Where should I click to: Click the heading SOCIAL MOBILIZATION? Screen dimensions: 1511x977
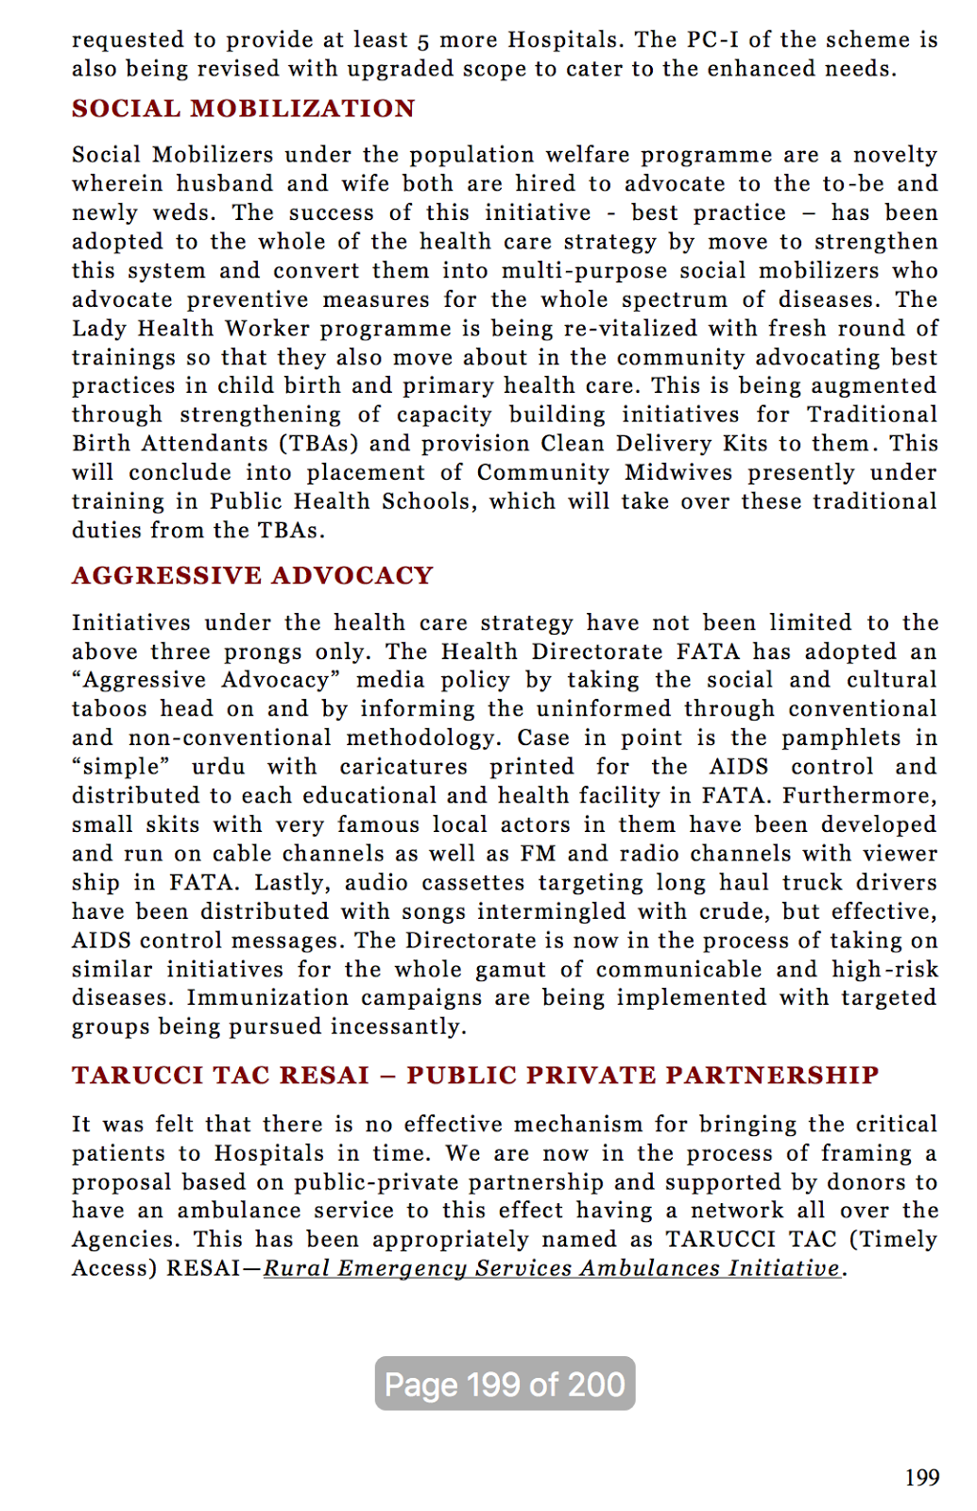pos(243,109)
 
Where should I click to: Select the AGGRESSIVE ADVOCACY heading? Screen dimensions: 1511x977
pos(252,576)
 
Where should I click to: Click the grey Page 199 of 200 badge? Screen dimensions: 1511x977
pos(505,1384)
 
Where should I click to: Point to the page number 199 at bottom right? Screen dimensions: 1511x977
pos(921,1478)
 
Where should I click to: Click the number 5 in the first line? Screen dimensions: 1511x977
pos(423,41)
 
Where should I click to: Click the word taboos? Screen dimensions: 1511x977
pos(109,709)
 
